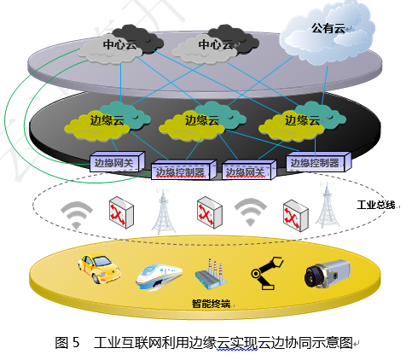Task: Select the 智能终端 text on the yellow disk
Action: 212,304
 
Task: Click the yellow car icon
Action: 101,271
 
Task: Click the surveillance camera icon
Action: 328,273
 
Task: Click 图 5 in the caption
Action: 67,342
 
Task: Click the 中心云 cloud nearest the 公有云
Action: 215,44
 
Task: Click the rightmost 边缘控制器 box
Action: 315,162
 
